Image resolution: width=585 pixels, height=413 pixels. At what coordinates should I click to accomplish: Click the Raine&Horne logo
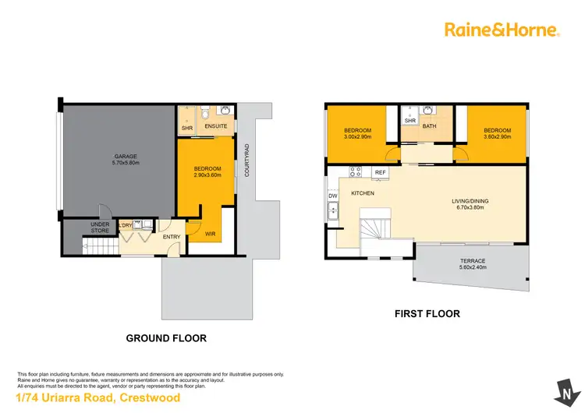tap(502, 30)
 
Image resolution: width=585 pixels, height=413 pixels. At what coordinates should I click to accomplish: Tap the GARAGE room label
tap(126, 157)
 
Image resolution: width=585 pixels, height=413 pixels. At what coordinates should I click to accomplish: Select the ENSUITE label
tap(218, 126)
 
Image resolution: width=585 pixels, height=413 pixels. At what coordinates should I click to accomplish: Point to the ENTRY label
tap(171, 237)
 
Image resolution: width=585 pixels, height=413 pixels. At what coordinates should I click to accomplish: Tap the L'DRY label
tap(125, 226)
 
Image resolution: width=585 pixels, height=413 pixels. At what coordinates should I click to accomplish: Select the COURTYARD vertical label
tap(246, 160)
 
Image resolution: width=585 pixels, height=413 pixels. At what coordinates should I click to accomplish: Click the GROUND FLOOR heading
tap(166, 339)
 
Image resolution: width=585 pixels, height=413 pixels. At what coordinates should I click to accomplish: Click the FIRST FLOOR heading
tap(426, 314)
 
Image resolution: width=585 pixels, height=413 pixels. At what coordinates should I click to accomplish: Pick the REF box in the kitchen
tap(381, 172)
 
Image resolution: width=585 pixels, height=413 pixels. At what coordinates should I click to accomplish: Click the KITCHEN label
tap(363, 192)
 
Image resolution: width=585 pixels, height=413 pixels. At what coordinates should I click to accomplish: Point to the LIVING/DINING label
tap(470, 201)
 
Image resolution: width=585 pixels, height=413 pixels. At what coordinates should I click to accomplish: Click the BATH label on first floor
tap(428, 125)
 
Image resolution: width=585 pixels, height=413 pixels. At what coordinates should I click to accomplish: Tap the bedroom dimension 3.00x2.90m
tap(357, 136)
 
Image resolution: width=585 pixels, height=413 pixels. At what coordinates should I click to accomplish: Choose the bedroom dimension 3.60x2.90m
tap(497, 136)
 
